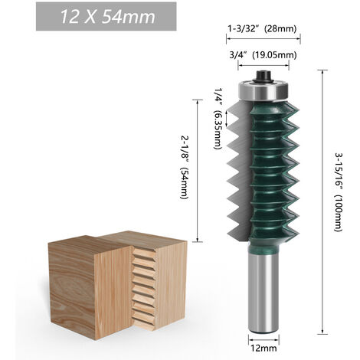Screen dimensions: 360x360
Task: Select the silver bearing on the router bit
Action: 265,90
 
